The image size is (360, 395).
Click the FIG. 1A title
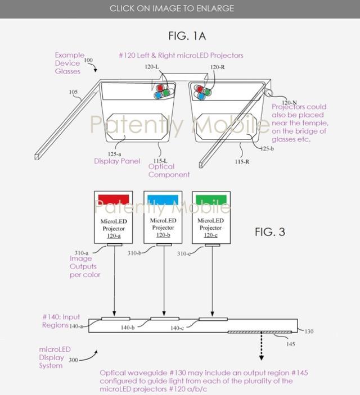[187, 36]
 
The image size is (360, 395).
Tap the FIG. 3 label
[270, 231]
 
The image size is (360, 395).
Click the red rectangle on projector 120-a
[114, 199]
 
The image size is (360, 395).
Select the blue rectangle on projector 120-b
[163, 199]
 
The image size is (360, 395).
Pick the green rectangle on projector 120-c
[211, 199]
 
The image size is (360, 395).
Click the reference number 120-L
[152, 67]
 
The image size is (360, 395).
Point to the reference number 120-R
[218, 67]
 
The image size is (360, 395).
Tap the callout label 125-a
[114, 154]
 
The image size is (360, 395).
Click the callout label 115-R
[242, 162]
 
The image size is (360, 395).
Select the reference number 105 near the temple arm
[73, 92]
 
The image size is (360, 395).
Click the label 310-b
[134, 253]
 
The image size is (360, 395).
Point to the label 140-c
[177, 328]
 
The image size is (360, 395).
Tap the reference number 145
[291, 344]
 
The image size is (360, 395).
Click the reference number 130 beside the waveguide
[309, 332]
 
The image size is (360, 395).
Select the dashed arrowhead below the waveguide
[262, 358]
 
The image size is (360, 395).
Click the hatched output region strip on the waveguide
[260, 332]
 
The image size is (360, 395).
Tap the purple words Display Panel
[117, 161]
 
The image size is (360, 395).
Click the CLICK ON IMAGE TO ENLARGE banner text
[172, 8]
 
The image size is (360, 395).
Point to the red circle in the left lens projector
[160, 88]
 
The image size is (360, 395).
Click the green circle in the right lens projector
[207, 92]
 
